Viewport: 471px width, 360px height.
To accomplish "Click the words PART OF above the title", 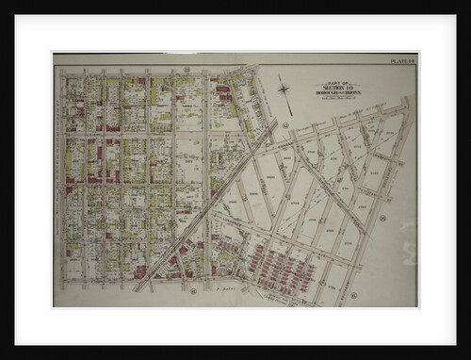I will [x=336, y=83].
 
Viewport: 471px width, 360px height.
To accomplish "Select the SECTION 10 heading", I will [x=336, y=88].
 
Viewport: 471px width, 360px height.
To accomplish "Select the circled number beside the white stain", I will [x=385, y=219].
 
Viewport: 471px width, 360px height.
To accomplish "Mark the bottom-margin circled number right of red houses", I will [x=353, y=294].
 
